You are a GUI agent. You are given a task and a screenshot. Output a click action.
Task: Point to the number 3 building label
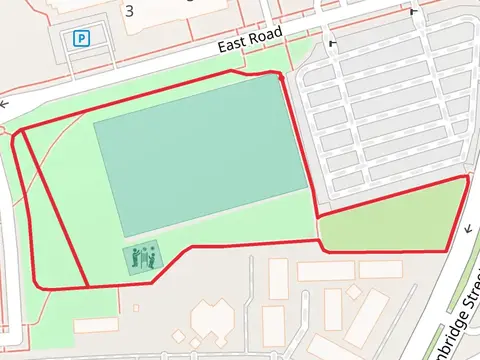click(129, 10)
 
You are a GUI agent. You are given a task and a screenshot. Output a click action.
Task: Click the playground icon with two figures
click(142, 259)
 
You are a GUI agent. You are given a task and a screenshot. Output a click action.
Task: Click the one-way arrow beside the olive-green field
click(467, 229)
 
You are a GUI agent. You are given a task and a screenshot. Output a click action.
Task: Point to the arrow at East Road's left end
click(5, 103)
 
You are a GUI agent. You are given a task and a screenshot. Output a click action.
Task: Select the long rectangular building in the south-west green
click(96, 324)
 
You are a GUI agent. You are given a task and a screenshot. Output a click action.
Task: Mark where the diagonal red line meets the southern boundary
click(88, 286)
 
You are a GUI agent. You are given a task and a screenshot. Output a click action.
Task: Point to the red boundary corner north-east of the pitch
click(281, 74)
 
